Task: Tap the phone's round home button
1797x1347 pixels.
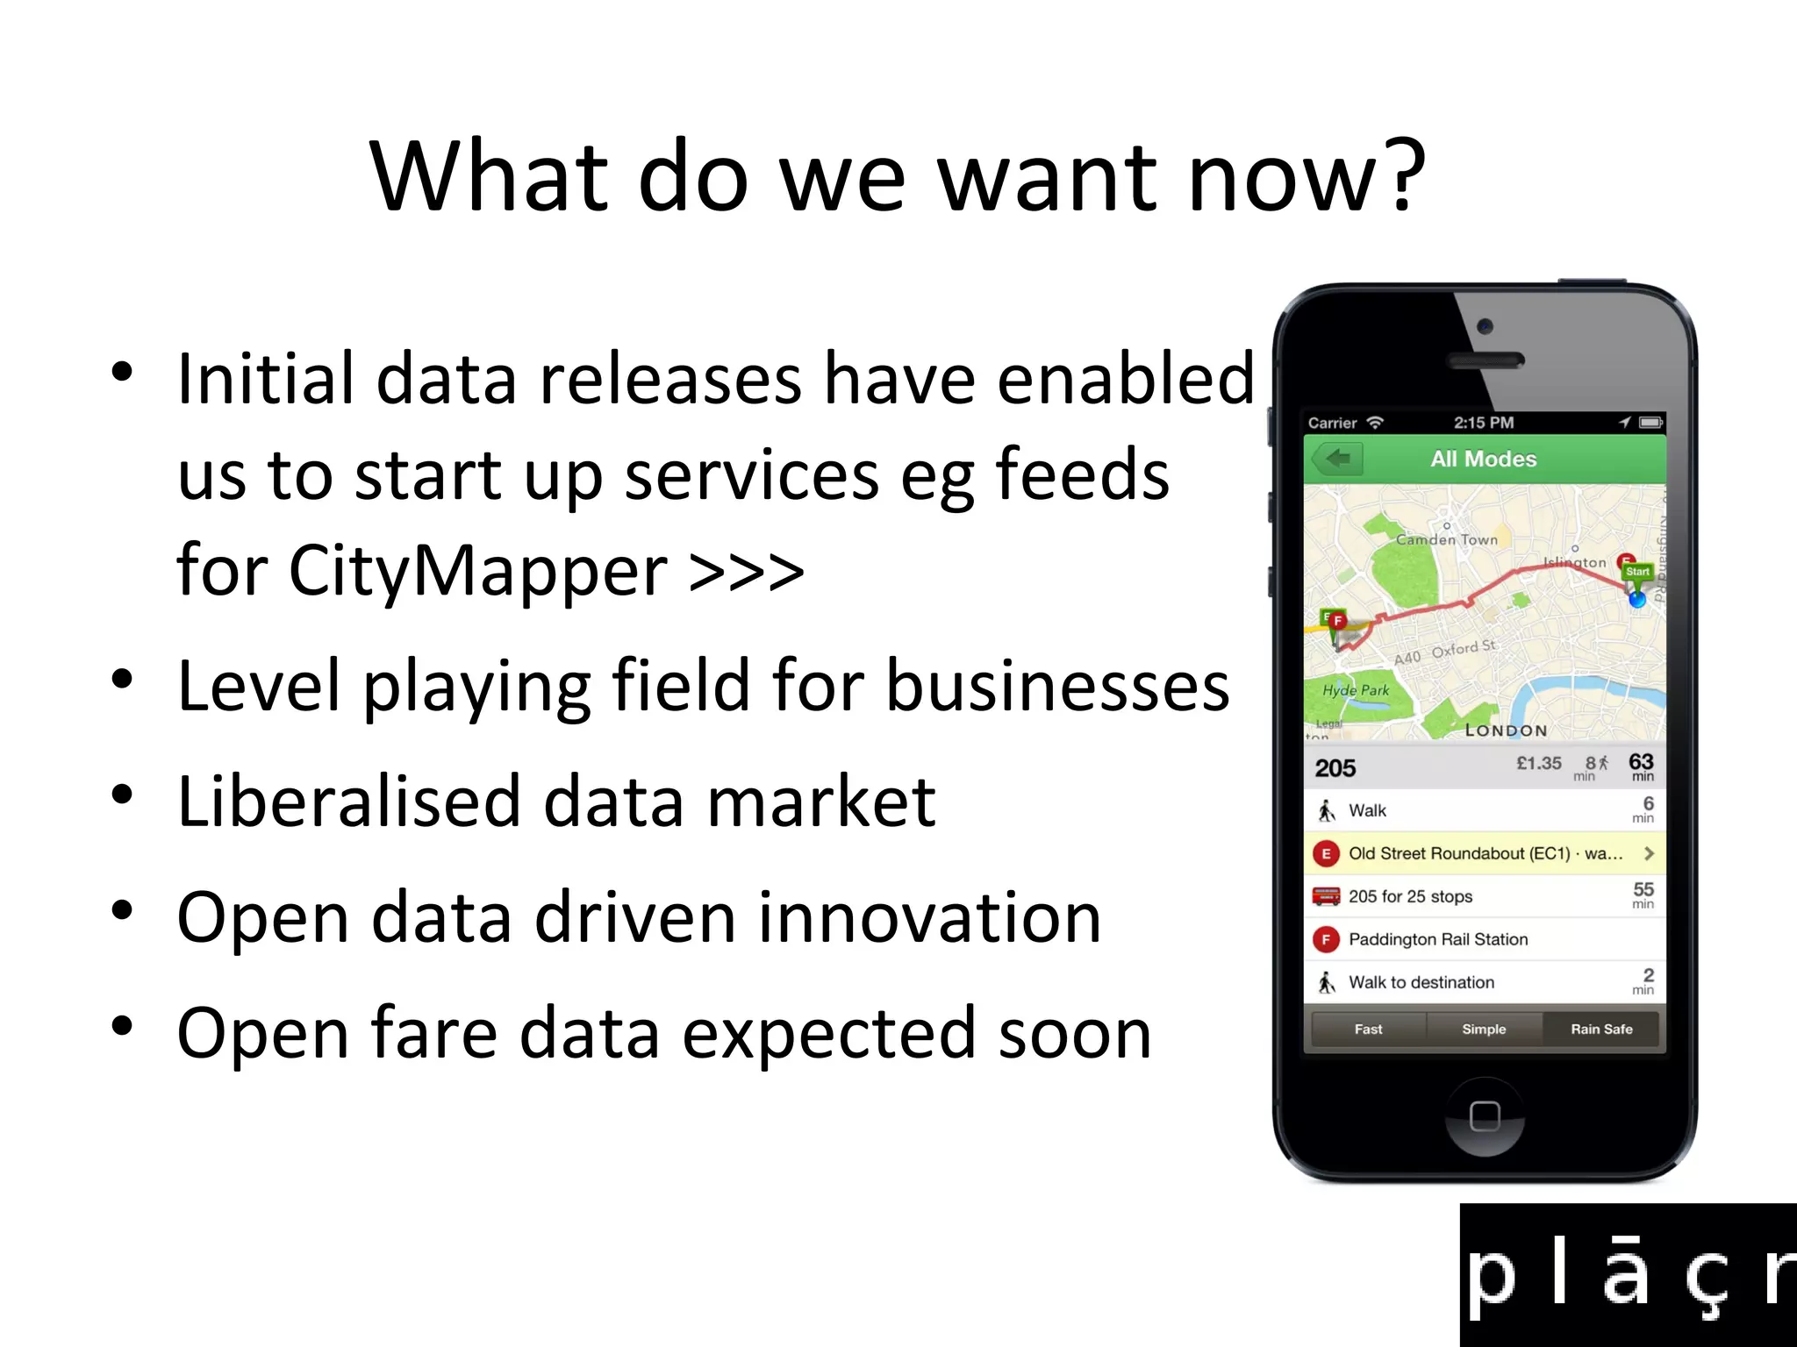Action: tap(1484, 1116)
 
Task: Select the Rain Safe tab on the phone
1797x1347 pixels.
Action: tap(1601, 1030)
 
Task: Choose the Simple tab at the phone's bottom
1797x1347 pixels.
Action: tap(1484, 1030)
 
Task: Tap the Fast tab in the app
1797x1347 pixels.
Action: tap(1368, 1030)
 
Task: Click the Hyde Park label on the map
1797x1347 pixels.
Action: tap(1356, 690)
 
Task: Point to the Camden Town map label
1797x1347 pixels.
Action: tap(1447, 540)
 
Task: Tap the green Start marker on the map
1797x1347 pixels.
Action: tap(1637, 572)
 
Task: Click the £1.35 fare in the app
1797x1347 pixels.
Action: tap(1539, 763)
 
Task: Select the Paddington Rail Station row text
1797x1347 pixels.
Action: tap(1438, 939)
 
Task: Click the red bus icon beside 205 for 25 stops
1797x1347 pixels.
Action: tap(1326, 896)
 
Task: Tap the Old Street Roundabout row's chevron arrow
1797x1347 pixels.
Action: tap(1649, 853)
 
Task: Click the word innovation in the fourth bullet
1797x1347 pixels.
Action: tap(928, 918)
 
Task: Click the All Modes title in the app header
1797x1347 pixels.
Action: tap(1483, 459)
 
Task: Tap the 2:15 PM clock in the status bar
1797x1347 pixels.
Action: tap(1483, 423)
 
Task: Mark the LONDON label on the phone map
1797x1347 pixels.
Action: tap(1506, 731)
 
